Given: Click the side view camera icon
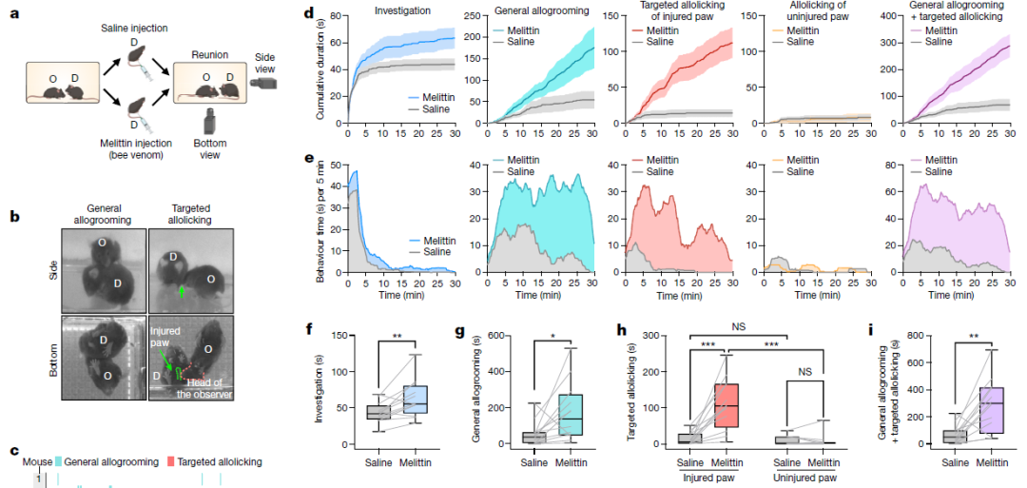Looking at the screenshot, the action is pyautogui.click(x=265, y=83).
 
